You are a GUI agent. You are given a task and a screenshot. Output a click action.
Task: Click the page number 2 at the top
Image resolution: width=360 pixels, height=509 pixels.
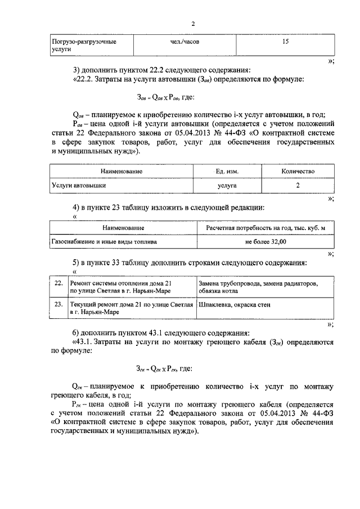pos(192,24)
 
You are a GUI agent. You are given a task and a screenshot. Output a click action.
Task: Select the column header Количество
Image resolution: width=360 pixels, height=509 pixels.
pos(298,171)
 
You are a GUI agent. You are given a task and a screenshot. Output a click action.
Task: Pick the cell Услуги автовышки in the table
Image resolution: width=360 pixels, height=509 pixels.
pos(79,184)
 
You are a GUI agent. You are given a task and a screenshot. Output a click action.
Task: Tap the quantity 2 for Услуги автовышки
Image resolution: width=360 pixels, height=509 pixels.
pos(298,184)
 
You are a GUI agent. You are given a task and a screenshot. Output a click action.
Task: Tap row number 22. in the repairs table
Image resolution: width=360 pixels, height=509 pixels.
pos(58,283)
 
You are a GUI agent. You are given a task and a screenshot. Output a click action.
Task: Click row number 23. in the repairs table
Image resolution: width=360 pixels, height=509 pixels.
pos(58,304)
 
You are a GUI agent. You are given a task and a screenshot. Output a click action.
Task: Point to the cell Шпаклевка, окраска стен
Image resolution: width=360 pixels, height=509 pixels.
pos(235,304)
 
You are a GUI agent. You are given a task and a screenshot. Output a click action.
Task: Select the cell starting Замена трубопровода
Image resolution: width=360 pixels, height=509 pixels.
pos(259,287)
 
